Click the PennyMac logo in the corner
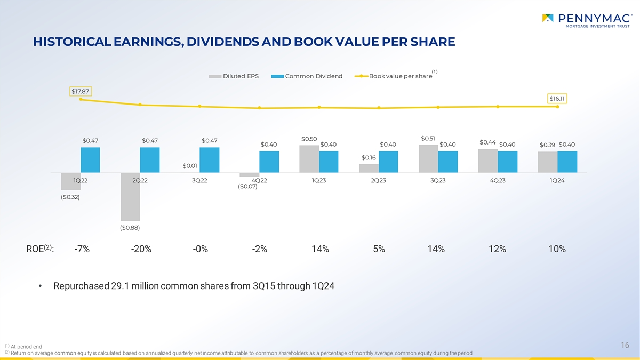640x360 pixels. point(587,22)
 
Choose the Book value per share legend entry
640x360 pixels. point(395,76)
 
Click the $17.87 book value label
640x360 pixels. point(81,91)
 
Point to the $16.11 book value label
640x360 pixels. point(557,98)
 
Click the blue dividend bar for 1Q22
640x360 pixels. point(90,159)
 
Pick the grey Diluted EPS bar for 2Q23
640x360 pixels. point(369,168)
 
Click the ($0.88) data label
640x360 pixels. point(130,228)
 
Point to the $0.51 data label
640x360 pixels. point(428,139)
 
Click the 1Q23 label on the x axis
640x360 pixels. point(319,180)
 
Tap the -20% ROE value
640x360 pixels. point(141,250)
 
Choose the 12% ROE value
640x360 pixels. point(497,250)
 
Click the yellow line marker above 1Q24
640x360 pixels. point(557,106)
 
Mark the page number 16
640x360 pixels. point(625,346)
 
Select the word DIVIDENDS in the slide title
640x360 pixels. point(229,42)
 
